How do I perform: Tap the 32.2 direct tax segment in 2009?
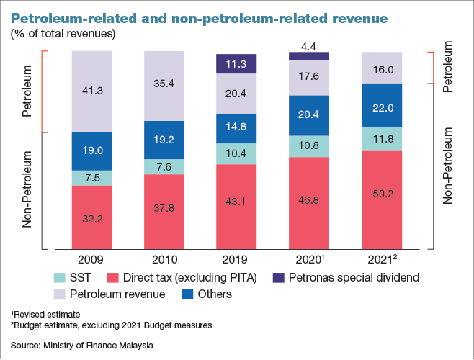[91, 217]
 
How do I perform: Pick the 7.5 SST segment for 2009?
[91, 178]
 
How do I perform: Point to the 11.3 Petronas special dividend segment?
[237, 63]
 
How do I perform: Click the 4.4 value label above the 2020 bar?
[309, 46]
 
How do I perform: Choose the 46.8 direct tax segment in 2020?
[309, 202]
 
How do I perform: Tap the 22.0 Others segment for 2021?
[382, 107]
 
